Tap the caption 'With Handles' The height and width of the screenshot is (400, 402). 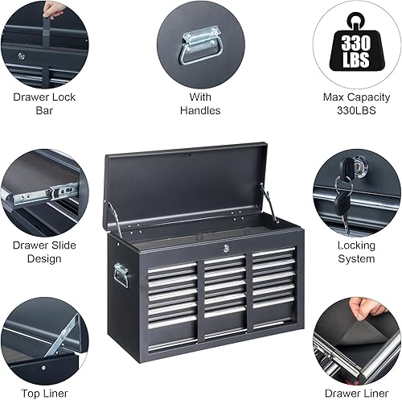(x=200, y=104)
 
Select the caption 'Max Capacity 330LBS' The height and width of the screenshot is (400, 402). (x=355, y=104)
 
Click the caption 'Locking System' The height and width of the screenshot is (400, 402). (x=355, y=252)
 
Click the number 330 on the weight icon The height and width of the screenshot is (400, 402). (x=355, y=43)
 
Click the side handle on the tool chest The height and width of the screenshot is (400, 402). (x=122, y=278)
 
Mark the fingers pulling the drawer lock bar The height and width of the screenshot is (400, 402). (x=55, y=10)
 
